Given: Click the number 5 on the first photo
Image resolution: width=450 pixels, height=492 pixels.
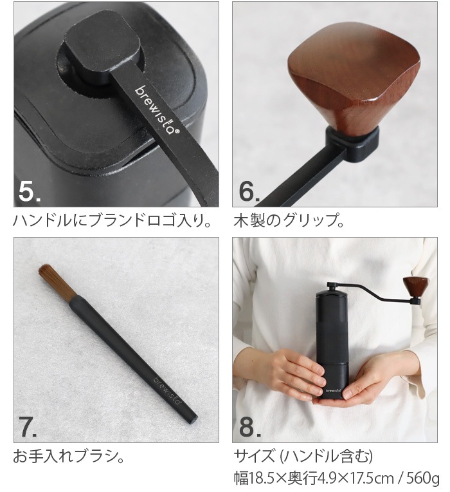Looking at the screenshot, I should pyautogui.click(x=29, y=191).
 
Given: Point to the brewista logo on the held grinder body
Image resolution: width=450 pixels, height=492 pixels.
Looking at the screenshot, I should pyautogui.click(x=332, y=388).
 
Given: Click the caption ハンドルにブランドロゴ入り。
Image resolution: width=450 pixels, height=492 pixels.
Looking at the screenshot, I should pyautogui.click(x=113, y=223).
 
